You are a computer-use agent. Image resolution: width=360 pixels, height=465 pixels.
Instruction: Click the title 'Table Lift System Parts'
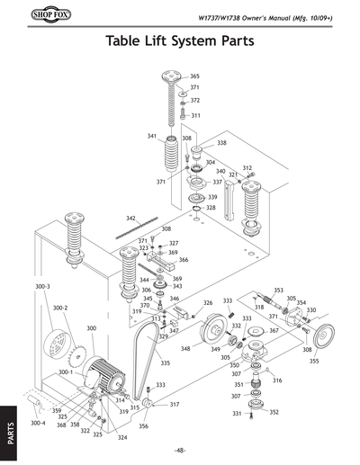[179, 41]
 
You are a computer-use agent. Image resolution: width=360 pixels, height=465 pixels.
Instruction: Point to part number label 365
[194, 76]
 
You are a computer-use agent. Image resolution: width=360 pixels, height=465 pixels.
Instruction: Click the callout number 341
[152, 136]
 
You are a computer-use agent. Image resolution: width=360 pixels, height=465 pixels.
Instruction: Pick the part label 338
[221, 143]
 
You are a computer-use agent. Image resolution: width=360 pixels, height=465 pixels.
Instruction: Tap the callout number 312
[247, 167]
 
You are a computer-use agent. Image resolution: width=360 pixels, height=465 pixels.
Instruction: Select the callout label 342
[130, 218]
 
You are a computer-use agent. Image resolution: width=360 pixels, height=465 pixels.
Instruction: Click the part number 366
[183, 260]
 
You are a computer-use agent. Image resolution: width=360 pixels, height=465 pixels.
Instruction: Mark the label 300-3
[42, 286]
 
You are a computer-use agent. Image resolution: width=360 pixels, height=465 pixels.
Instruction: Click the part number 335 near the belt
[165, 363]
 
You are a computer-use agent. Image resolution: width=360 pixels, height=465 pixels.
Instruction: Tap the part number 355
[313, 361]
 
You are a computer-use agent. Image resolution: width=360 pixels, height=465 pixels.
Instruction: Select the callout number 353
[278, 291]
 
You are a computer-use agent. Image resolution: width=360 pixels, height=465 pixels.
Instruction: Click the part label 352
[274, 412]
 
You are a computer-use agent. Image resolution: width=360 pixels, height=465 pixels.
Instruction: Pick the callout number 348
[184, 348]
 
